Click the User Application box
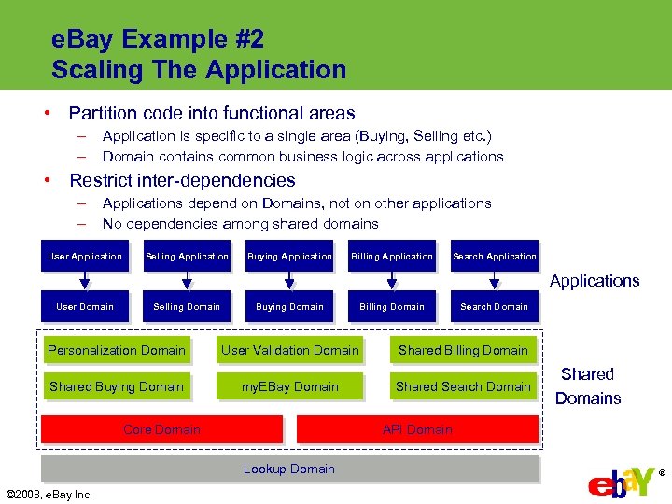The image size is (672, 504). (x=85, y=257)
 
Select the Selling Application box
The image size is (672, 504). (x=187, y=257)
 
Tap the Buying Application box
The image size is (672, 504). (x=289, y=257)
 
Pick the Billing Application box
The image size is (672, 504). (x=392, y=257)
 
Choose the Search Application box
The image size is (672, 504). (x=495, y=257)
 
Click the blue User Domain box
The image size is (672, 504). (x=85, y=307)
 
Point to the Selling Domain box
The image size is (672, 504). (x=187, y=307)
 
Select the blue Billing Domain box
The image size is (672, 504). (x=392, y=307)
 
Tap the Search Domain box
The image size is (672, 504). (x=495, y=307)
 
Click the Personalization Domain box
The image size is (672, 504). (x=117, y=351)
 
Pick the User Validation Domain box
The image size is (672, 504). (x=289, y=351)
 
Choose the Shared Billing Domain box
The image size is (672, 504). (x=463, y=351)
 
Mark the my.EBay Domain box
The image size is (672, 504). (x=289, y=387)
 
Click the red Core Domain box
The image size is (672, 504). (x=161, y=429)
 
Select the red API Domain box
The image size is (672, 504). (x=417, y=429)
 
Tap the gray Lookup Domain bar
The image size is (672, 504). (x=289, y=469)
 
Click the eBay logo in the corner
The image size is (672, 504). (x=623, y=480)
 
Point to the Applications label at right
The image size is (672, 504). (x=595, y=281)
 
